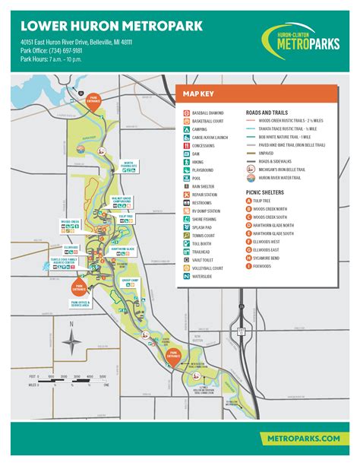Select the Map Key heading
197,94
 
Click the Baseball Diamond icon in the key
186,113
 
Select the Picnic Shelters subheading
262,192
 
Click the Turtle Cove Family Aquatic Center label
63,262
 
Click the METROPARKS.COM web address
298,439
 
